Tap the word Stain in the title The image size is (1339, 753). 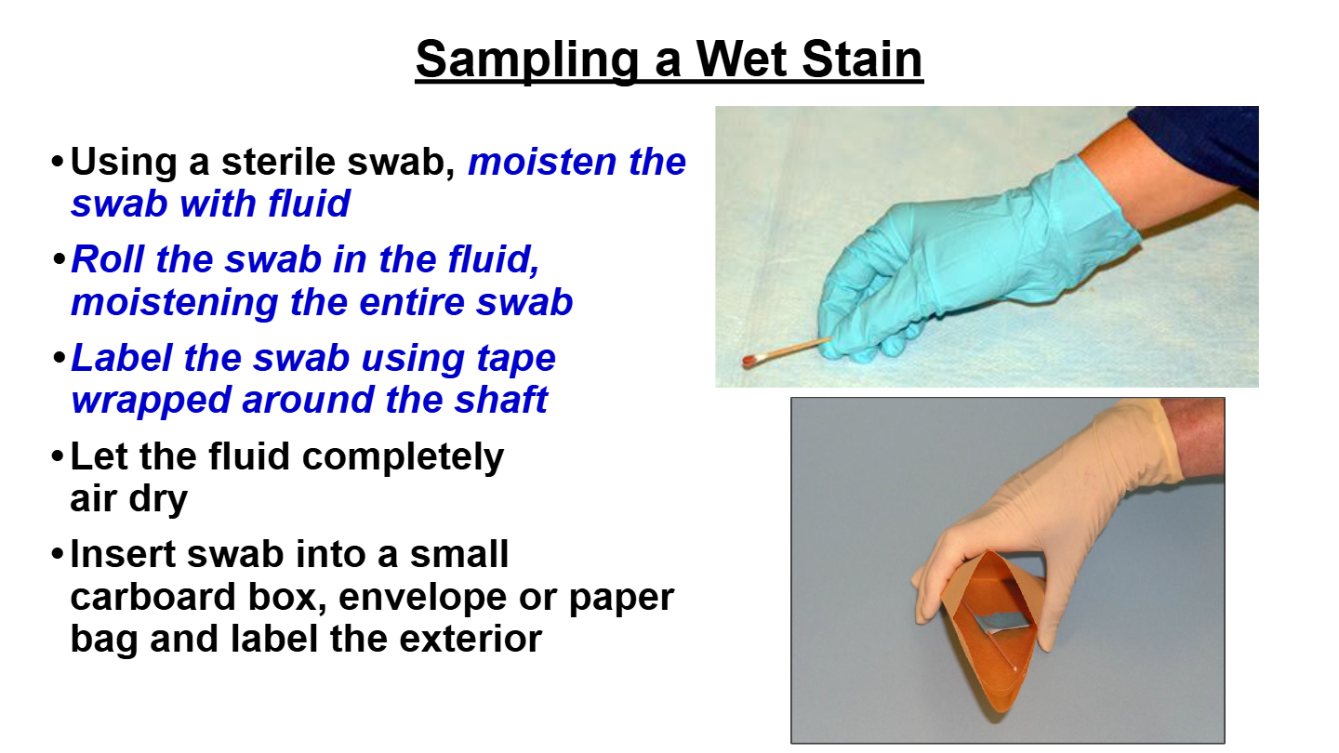coord(863,59)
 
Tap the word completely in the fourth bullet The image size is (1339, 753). coord(403,457)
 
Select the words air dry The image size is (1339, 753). coord(129,498)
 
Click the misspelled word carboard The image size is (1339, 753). coord(153,597)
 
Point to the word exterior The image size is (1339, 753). coord(471,639)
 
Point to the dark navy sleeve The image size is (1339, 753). coord(1201,143)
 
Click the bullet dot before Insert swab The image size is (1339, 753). coord(58,553)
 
